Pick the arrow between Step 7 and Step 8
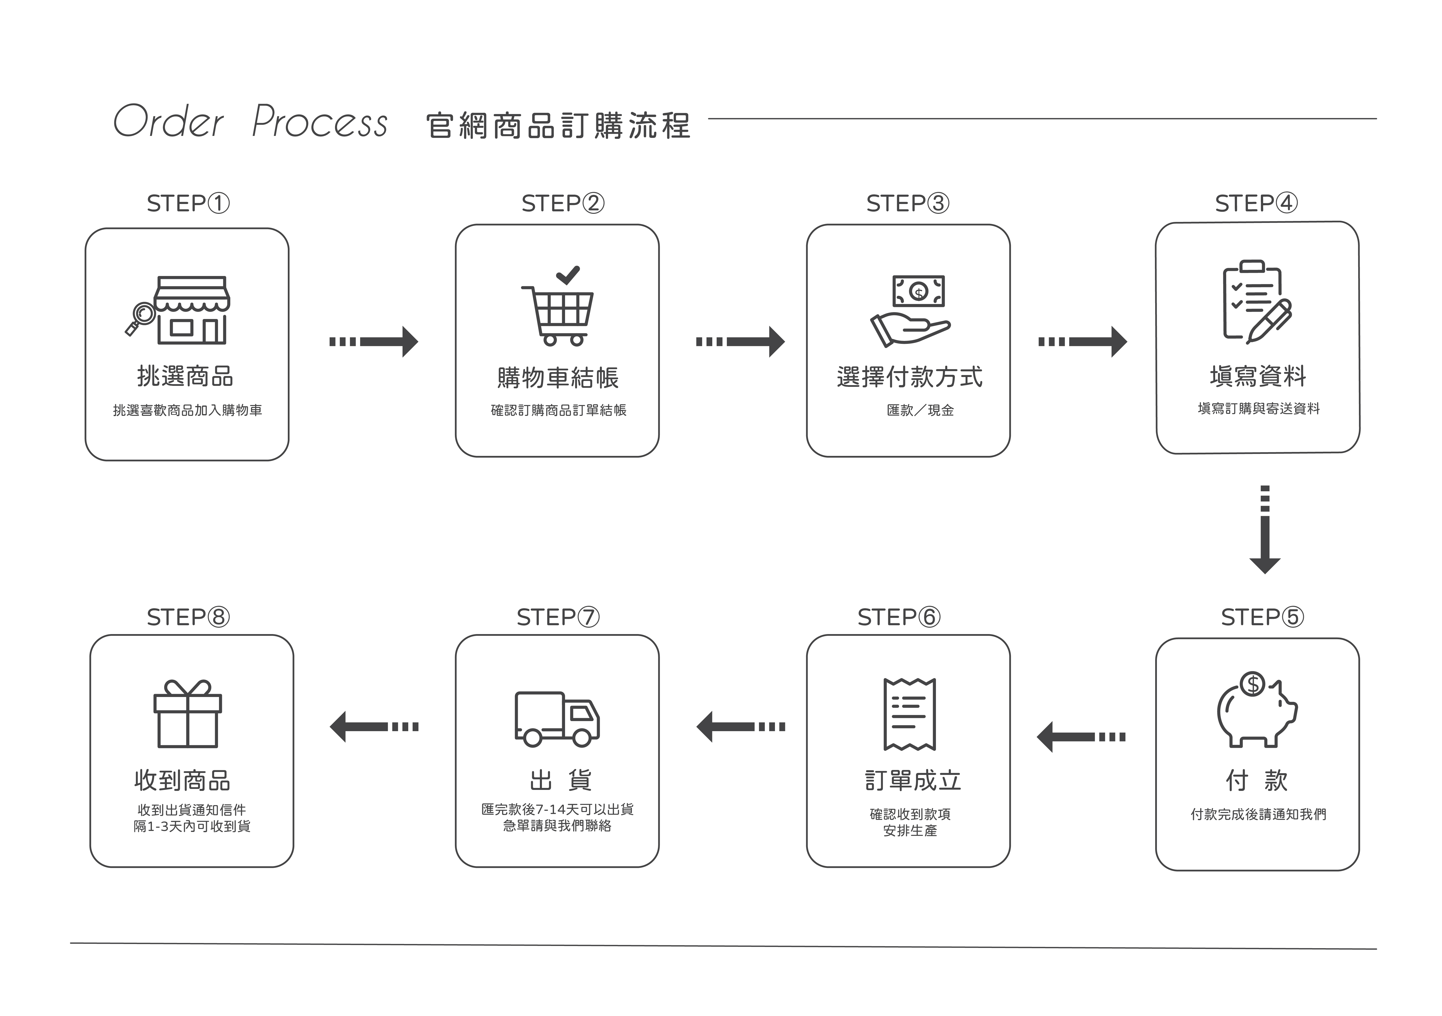(374, 726)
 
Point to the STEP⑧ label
(188, 617)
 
